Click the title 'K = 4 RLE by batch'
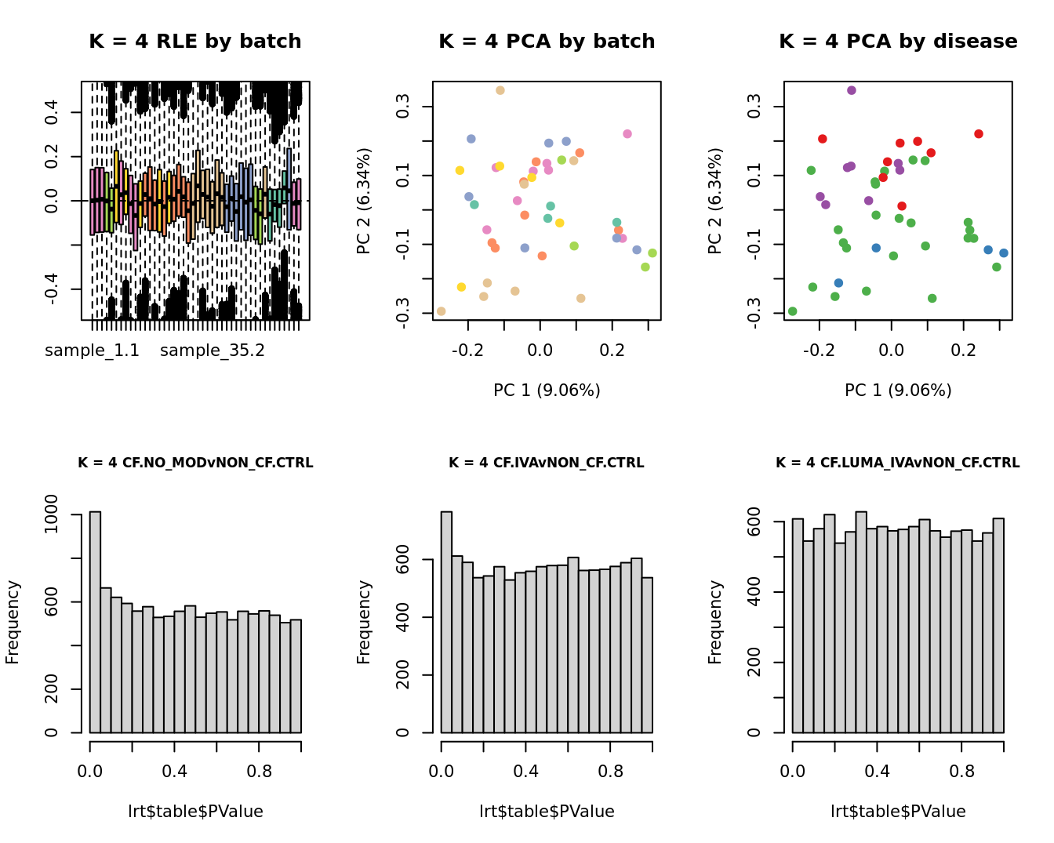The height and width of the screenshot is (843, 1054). click(x=194, y=42)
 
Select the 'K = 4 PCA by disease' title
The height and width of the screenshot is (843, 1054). click(x=898, y=42)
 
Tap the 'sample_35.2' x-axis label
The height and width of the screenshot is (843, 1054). click(x=213, y=351)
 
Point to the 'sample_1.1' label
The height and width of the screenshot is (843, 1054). click(x=92, y=351)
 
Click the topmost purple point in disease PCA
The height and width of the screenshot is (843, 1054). click(x=852, y=90)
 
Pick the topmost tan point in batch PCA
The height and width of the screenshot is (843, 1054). click(x=500, y=90)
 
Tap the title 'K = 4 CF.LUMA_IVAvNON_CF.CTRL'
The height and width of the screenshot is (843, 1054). click(x=898, y=463)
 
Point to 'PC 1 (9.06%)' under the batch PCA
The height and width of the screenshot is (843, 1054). click(x=547, y=390)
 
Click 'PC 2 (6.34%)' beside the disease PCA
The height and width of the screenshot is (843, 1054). click(x=714, y=201)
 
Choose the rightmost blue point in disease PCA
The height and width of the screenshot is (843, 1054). click(x=1004, y=253)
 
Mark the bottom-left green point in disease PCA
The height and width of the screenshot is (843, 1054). click(x=792, y=311)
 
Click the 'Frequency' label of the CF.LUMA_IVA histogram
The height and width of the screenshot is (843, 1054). click(x=714, y=622)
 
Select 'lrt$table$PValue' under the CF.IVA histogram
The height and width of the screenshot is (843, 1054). click(x=547, y=812)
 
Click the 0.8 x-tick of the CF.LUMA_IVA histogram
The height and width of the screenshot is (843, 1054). click(x=961, y=771)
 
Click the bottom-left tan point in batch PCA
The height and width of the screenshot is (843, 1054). click(x=441, y=311)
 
